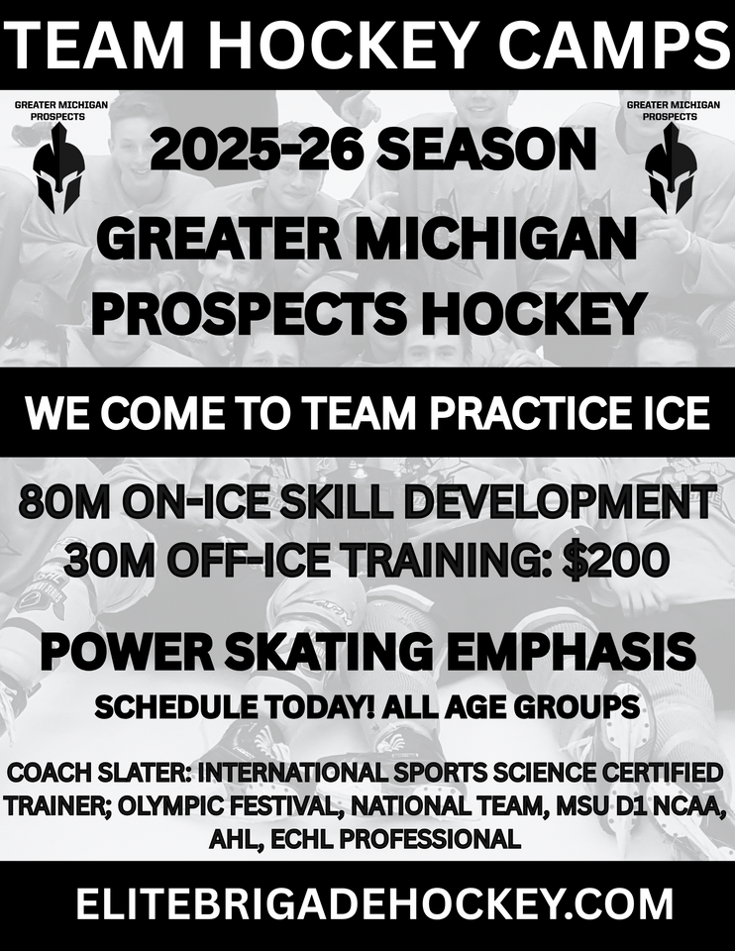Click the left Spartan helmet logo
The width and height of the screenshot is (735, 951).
(x=57, y=168)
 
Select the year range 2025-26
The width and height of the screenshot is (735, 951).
(x=256, y=151)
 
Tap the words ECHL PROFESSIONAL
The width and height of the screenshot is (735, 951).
(x=395, y=839)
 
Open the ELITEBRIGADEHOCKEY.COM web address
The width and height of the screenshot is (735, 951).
(x=374, y=904)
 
